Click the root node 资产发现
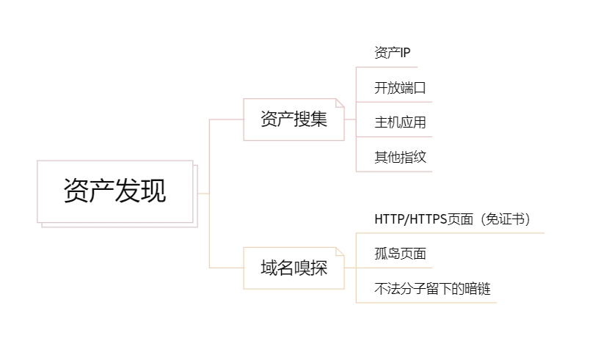tap(115, 191)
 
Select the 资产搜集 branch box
tap(293, 119)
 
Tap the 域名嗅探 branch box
tap(293, 268)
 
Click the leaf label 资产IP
tap(392, 53)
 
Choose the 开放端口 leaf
tap(400, 88)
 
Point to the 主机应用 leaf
tap(400, 122)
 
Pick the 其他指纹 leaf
tap(400, 157)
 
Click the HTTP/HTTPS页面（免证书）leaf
tap(452, 219)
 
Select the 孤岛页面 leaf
tap(400, 254)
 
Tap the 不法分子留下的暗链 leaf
tap(432, 289)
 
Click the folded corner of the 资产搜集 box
tap(340, 103)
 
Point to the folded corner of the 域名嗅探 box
tap(340, 251)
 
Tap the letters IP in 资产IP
tap(404, 53)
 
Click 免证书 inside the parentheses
tap(506, 219)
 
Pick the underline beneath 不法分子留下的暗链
tap(426, 303)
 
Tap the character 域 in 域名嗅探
tap(269, 268)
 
